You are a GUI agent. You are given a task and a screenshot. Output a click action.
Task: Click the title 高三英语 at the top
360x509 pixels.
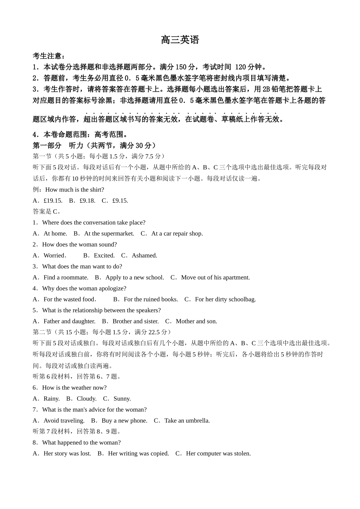[x=180, y=40]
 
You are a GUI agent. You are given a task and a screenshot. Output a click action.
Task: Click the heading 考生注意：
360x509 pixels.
[x=49, y=56]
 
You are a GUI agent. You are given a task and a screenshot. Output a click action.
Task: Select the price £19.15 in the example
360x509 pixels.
[x=53, y=201]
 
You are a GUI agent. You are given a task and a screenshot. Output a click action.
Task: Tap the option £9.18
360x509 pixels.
[x=87, y=201]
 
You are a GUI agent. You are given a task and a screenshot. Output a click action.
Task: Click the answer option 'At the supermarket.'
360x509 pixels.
[x=109, y=234]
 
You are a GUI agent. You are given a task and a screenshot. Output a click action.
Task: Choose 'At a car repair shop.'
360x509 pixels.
[x=177, y=234]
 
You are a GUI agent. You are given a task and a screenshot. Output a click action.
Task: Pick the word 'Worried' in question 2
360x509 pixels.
[x=54, y=256]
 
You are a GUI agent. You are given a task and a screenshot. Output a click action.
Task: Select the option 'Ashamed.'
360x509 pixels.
[x=144, y=256]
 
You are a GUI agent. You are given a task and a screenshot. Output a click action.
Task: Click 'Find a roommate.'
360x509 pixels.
[x=66, y=278]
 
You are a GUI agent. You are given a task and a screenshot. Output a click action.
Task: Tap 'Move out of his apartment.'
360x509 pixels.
[x=215, y=278]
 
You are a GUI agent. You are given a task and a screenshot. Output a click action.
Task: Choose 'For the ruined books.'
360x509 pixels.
[x=151, y=300]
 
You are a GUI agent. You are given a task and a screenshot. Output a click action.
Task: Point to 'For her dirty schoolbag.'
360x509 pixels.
[x=225, y=300]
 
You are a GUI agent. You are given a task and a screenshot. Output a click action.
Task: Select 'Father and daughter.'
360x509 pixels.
[x=69, y=322]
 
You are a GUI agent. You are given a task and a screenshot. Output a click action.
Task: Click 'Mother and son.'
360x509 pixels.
[x=196, y=322]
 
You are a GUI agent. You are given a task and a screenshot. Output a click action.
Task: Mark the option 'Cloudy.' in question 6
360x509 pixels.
[x=86, y=399]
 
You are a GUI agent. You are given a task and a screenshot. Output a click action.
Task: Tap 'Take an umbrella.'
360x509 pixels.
[x=187, y=421]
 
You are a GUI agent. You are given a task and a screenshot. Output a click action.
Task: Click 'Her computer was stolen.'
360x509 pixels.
[x=218, y=454]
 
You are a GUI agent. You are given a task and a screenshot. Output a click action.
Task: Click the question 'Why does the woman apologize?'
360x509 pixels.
[x=84, y=289]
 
